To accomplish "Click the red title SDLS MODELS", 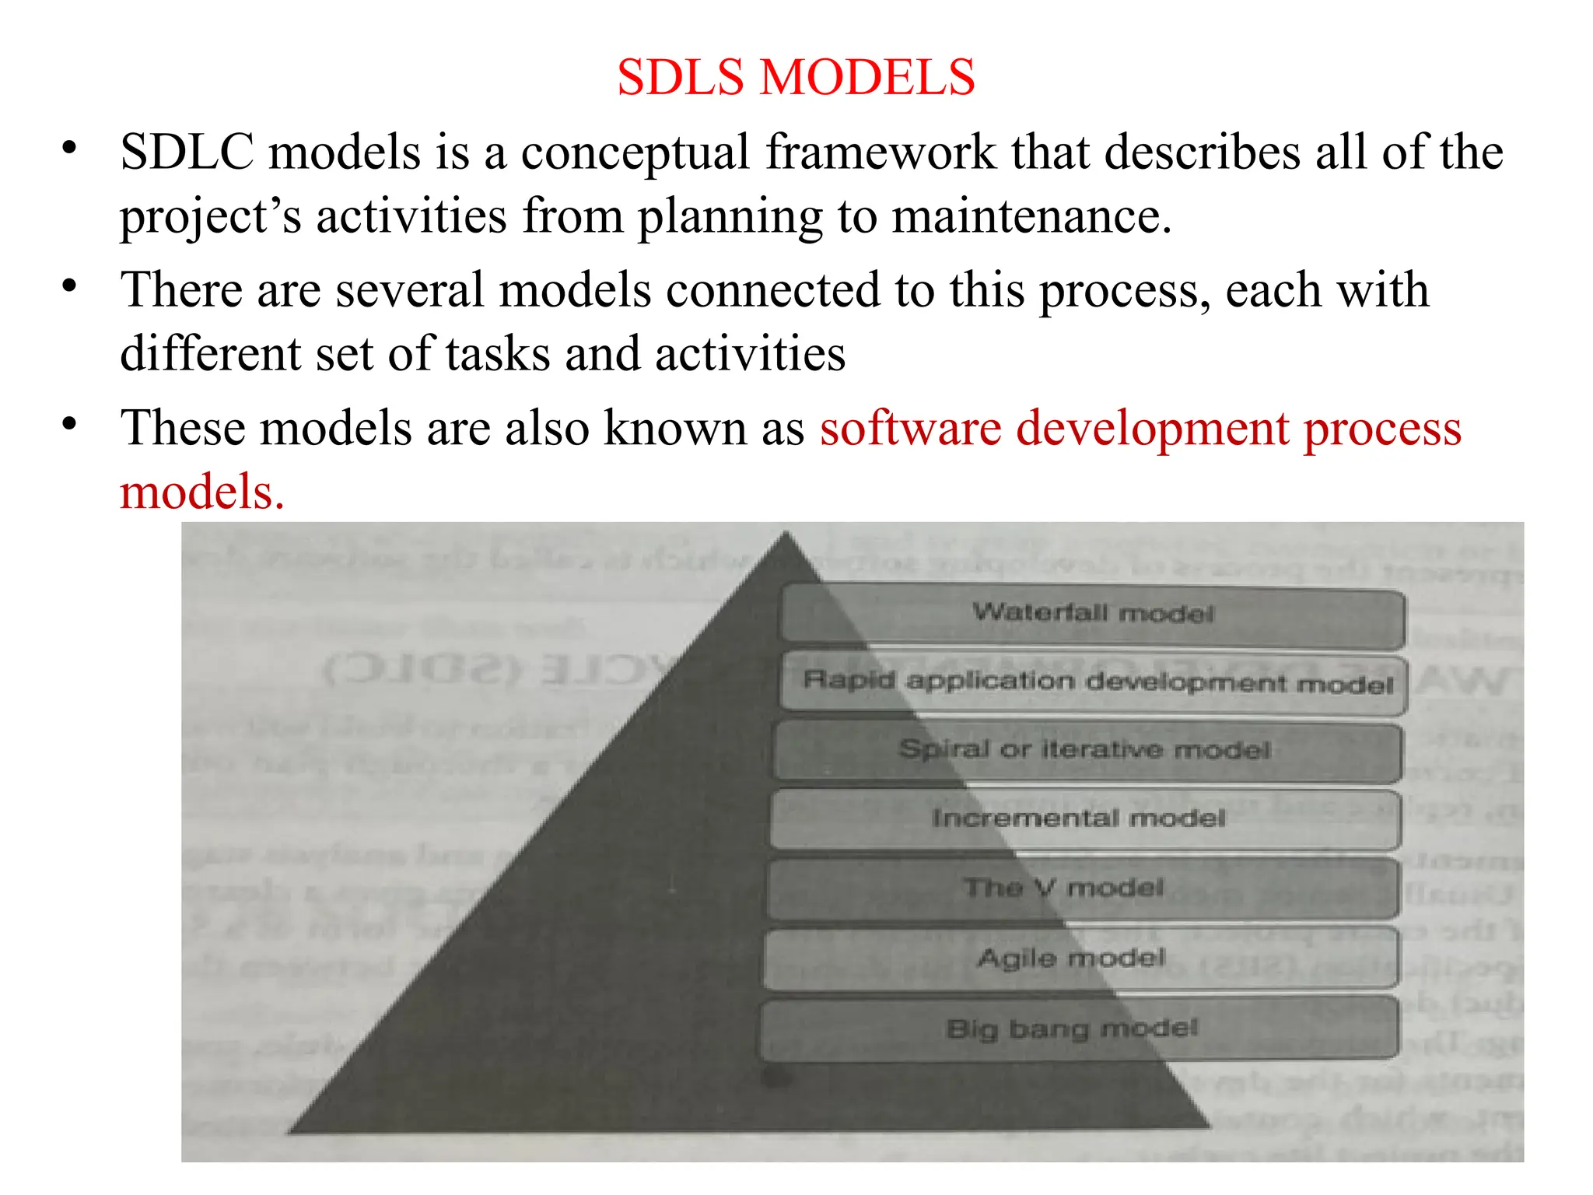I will [x=796, y=78].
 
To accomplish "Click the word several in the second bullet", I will [x=410, y=290].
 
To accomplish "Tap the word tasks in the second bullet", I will [x=498, y=354].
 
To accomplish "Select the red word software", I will [x=910, y=429].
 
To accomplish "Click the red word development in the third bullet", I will [x=1153, y=429].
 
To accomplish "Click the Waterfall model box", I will [x=1093, y=615].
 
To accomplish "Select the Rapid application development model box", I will [x=1095, y=683].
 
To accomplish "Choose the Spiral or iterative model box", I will [x=1087, y=751].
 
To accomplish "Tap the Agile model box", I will [x=1079, y=957].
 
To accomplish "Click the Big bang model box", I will [x=1077, y=1029].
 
